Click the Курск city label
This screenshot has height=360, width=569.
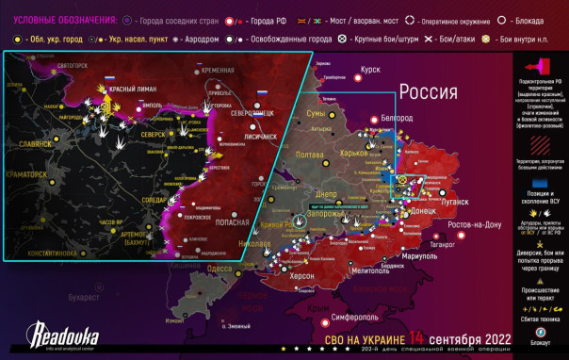point(370,70)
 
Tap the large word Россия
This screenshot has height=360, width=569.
point(430,91)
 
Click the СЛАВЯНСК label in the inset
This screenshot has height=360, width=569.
point(37,144)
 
